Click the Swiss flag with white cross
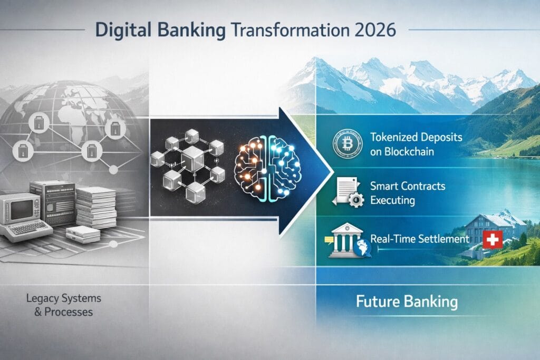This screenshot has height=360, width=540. (x=491, y=240)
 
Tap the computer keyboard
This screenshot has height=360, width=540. (x=27, y=228)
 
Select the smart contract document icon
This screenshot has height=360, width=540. (x=344, y=190)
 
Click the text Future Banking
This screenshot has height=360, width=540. (x=406, y=302)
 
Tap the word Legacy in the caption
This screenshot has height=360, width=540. (x=40, y=299)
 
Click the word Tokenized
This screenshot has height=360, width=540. (x=398, y=137)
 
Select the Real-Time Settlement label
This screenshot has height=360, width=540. (x=420, y=239)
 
